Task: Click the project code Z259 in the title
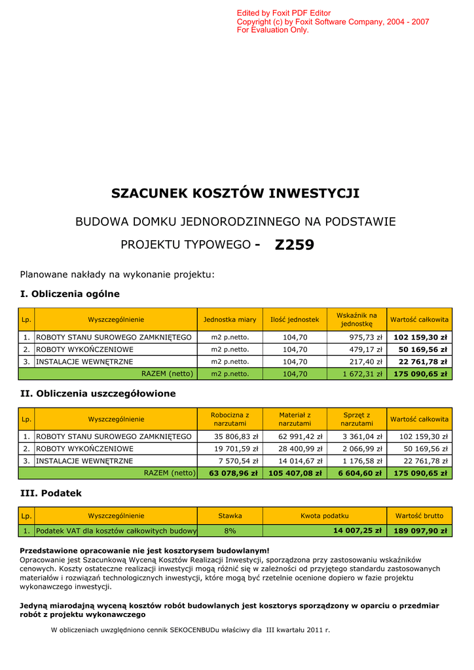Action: click(295, 245)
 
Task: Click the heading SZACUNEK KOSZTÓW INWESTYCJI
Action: click(236, 193)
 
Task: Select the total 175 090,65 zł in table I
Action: click(420, 374)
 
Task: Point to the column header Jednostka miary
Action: click(230, 319)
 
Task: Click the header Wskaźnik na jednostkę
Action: click(357, 319)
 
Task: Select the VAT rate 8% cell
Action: click(230, 531)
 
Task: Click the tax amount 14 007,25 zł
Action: click(357, 531)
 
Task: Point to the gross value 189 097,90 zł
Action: click(420, 531)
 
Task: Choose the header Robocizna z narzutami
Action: click(230, 419)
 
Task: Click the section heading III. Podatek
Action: click(51, 493)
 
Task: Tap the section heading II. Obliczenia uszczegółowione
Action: click(98, 393)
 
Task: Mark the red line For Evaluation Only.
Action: click(272, 30)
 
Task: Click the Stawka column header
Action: click(230, 516)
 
